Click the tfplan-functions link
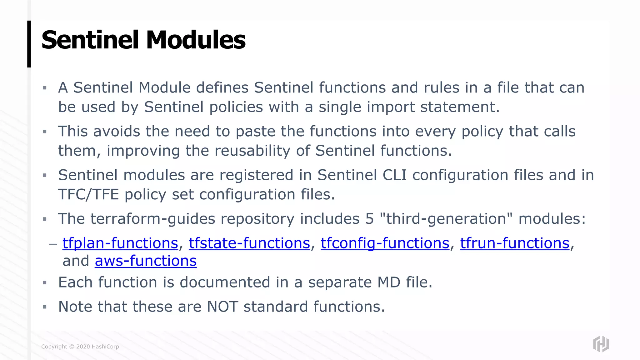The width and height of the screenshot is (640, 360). click(x=120, y=243)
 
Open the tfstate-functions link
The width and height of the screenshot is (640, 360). click(x=249, y=243)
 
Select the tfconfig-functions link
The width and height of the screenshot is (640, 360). click(x=385, y=243)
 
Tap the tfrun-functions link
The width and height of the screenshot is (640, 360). click(x=515, y=243)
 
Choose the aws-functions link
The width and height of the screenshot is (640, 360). click(x=146, y=261)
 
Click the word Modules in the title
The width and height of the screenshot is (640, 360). click(x=196, y=40)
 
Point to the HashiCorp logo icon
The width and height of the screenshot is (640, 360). click(x=601, y=344)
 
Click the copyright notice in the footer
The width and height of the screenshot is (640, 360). click(x=80, y=347)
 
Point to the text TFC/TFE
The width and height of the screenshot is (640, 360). click(x=89, y=194)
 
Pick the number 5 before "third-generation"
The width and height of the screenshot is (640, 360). click(x=369, y=219)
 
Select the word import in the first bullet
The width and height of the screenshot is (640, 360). click(x=391, y=107)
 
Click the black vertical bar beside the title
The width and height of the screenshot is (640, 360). click(x=29, y=44)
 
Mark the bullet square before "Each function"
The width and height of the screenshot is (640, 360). click(x=45, y=283)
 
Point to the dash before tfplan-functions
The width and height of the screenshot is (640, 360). click(x=53, y=243)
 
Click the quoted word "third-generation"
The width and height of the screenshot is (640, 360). click(x=446, y=219)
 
